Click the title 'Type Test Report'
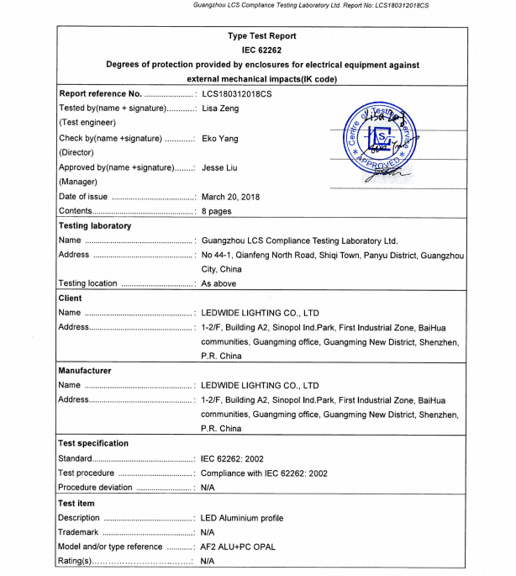[x=261, y=36]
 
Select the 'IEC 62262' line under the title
[x=261, y=50]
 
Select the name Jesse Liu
[x=223, y=167]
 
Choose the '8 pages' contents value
[x=217, y=211]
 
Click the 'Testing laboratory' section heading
[x=95, y=225]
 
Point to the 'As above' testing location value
[x=219, y=283]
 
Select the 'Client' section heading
[x=70, y=298]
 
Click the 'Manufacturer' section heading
[x=84, y=370]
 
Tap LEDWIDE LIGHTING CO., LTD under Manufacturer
[x=261, y=385]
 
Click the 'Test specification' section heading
[x=93, y=443]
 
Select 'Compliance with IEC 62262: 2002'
[x=265, y=473]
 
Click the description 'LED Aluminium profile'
[x=243, y=518]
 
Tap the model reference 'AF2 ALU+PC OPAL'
[x=239, y=547]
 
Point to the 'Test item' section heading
[x=76, y=503]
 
